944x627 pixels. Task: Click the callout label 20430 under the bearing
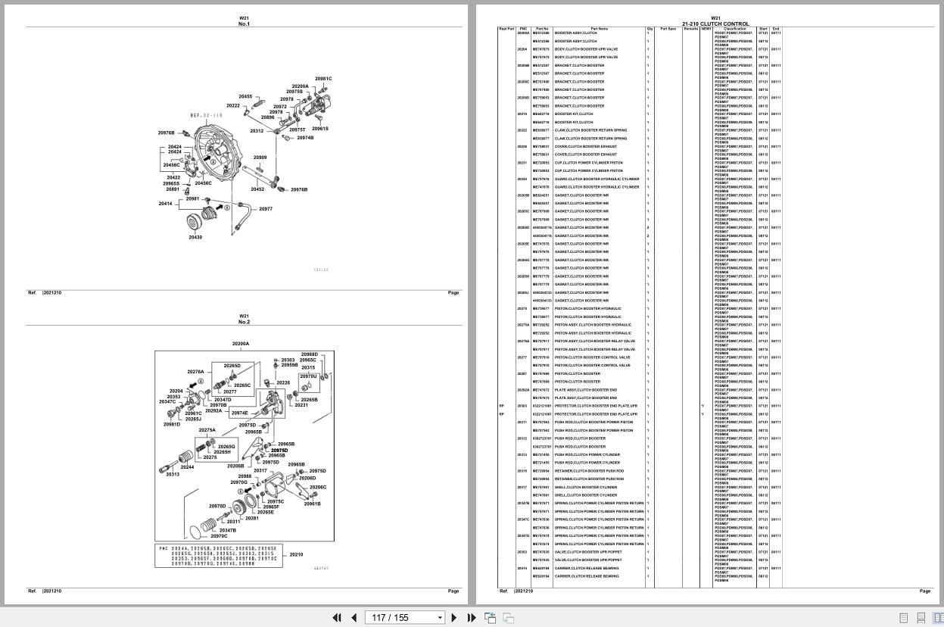195,238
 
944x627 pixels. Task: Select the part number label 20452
257,189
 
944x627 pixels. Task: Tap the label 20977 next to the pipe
265,209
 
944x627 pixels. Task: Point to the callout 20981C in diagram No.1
323,79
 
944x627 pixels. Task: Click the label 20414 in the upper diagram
165,204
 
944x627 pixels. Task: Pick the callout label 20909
260,158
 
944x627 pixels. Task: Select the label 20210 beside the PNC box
296,554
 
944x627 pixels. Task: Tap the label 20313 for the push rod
173,474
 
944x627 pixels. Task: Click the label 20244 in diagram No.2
187,466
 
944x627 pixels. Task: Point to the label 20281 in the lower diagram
252,518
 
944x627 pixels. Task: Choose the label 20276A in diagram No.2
195,372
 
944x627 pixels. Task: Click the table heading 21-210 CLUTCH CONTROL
715,24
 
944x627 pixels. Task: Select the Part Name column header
599,29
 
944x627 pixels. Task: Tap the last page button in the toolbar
470,617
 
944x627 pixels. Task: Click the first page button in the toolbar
337,617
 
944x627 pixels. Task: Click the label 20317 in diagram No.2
260,470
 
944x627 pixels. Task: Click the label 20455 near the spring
245,97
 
